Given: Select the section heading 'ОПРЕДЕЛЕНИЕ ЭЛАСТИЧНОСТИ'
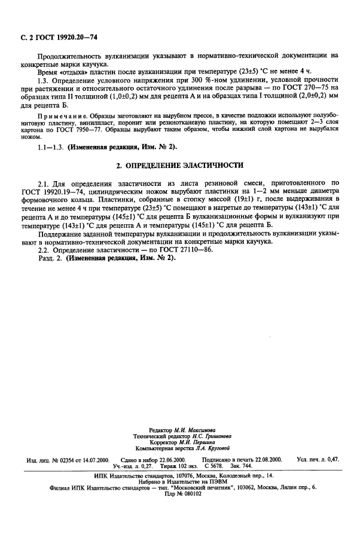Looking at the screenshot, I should (x=185, y=164).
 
